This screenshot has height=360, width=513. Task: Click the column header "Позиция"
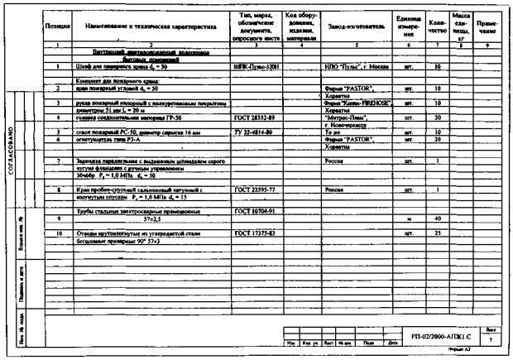click(55, 26)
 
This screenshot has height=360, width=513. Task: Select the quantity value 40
click(439, 218)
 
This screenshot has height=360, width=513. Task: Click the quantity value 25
click(439, 233)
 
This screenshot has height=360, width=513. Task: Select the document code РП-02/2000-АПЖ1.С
click(439, 337)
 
